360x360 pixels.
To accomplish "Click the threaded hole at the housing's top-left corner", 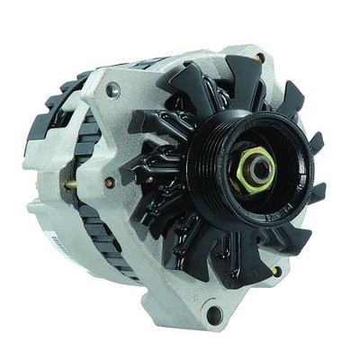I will [112, 90].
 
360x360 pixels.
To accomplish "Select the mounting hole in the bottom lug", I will [214, 314].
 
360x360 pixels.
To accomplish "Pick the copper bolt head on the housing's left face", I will [109, 183].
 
